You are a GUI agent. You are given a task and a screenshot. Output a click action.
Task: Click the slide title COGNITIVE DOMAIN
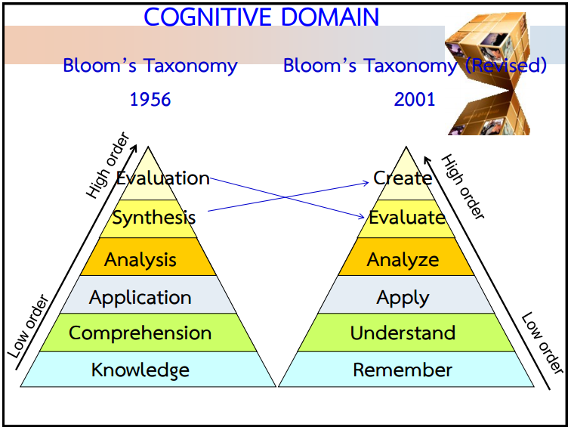261,17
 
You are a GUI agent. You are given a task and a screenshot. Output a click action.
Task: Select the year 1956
150,99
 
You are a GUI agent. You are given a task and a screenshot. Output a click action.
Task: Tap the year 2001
415,99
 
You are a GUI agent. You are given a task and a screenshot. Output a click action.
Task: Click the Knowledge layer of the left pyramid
140,370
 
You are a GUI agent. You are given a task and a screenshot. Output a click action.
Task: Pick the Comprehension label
140,333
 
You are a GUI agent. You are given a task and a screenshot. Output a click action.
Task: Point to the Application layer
140,297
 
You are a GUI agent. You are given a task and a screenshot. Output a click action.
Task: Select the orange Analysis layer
140,260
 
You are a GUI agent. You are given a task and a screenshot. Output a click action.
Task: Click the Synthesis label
153,218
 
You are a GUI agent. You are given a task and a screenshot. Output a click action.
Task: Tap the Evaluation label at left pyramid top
162,178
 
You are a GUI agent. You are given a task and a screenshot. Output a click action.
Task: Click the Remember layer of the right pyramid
403,370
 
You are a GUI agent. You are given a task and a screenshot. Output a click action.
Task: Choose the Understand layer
403,333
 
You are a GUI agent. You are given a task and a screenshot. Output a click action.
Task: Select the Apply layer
403,297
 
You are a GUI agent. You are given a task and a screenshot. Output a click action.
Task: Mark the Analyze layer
403,260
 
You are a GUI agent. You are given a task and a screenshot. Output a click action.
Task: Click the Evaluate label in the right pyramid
406,218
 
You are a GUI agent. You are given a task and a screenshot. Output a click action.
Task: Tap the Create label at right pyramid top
403,178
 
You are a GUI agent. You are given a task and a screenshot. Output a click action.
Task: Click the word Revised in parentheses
505,66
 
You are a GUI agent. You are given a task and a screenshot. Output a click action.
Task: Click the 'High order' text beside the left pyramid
107,166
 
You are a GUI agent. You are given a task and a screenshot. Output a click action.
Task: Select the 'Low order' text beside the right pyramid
542,344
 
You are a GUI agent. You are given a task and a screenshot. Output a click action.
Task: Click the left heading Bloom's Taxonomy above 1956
150,66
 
